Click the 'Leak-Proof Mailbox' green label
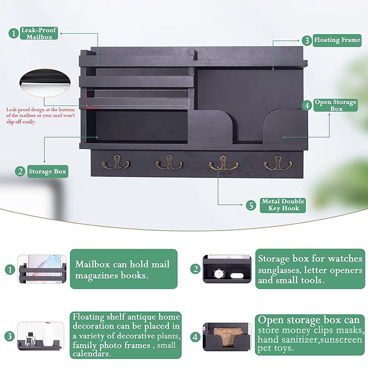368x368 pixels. point(39,33)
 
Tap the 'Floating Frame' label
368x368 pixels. point(337,40)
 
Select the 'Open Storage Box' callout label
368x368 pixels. point(336,105)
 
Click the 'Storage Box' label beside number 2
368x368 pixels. point(48,171)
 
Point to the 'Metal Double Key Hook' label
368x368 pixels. point(283,205)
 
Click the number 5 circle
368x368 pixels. point(251,205)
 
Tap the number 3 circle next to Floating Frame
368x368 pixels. point(307,40)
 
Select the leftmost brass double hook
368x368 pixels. point(116,162)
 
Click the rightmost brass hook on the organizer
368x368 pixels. point(278,162)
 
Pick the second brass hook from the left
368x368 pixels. point(169,162)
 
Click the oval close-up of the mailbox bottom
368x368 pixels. point(45,83)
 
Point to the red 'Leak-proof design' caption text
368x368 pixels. point(40,115)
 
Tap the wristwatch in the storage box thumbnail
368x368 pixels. point(219,273)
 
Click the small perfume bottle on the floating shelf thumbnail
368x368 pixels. point(30,339)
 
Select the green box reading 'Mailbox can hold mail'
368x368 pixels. point(124,269)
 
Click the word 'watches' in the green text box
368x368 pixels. point(345,259)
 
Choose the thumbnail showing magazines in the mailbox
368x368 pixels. point(42,269)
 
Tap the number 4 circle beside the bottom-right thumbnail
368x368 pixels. point(195,337)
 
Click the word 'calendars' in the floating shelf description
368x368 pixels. point(92,354)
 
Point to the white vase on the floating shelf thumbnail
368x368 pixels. point(48,334)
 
